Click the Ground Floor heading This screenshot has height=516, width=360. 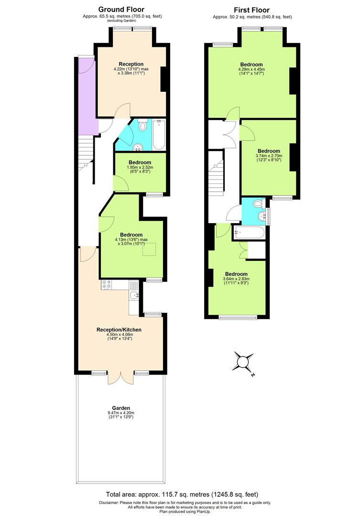121,9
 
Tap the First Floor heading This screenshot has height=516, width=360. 251,10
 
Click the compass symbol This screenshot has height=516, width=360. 243,362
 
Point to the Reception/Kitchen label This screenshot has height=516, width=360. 119,330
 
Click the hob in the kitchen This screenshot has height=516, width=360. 106,285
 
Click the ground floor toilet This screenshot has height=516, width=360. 142,127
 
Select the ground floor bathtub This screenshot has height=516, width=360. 159,135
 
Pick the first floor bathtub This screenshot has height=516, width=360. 248,234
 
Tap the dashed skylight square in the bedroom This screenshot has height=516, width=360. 149,249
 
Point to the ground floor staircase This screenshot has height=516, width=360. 84,158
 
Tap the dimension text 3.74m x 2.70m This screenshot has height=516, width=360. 269,155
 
